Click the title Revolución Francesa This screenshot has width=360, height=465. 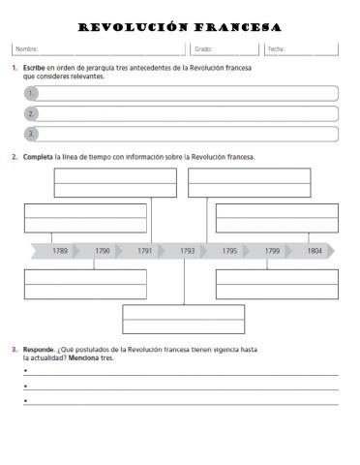[x=179, y=27]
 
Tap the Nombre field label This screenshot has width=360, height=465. [x=26, y=48]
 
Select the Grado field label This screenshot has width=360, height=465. [x=203, y=48]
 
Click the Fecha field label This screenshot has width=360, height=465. [x=276, y=48]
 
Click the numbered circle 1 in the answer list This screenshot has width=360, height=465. [x=31, y=94]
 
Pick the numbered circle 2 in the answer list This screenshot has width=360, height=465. [x=31, y=113]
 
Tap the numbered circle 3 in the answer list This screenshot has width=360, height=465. [x=31, y=134]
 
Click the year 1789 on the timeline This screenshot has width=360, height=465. [x=60, y=251]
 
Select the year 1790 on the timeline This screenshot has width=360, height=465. [x=102, y=251]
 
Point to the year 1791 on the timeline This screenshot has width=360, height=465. [x=144, y=251]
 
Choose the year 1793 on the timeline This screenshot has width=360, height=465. [x=187, y=251]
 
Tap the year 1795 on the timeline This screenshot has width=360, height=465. [x=229, y=251]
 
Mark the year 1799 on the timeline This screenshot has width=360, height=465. [x=272, y=251]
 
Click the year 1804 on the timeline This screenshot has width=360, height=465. [x=315, y=251]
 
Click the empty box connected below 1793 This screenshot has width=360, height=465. [x=183, y=319]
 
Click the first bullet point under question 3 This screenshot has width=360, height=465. [x=25, y=371]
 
